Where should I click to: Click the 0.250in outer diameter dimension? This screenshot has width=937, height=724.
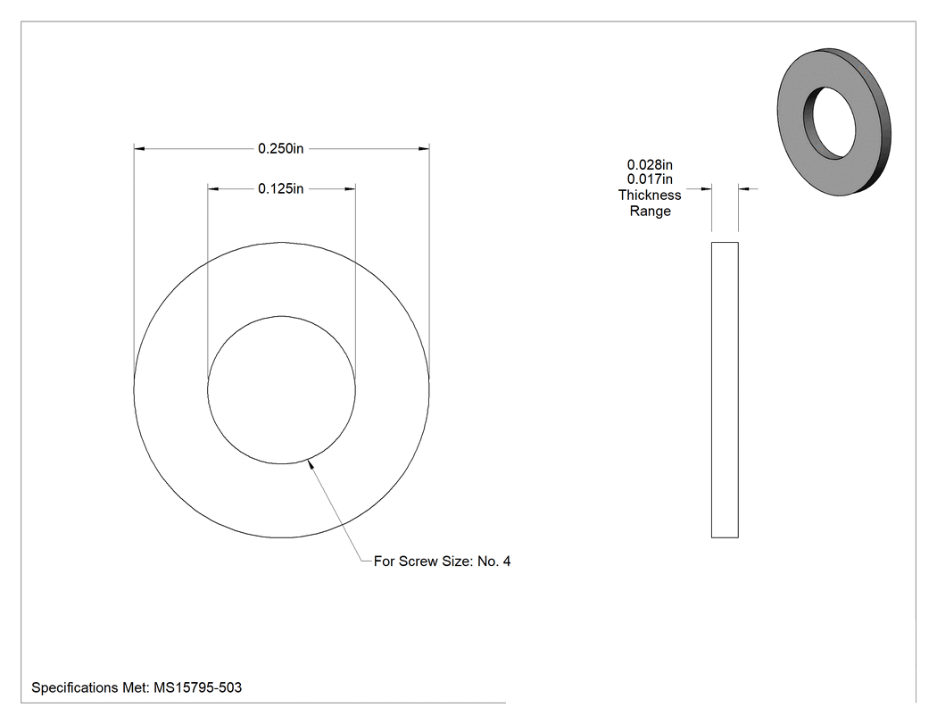tap(280, 148)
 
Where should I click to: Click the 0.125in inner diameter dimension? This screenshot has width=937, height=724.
tap(280, 189)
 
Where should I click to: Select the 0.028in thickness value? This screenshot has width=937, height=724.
tap(650, 164)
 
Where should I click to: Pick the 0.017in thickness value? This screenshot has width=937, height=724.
tap(650, 179)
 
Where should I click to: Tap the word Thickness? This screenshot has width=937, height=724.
tap(650, 195)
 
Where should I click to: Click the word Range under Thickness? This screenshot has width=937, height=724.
tap(651, 211)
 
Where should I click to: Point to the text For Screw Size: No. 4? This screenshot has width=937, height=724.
tap(443, 562)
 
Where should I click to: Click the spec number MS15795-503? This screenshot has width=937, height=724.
tap(198, 687)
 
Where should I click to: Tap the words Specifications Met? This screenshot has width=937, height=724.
tap(89, 687)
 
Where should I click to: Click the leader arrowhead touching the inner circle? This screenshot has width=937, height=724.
tap(311, 464)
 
